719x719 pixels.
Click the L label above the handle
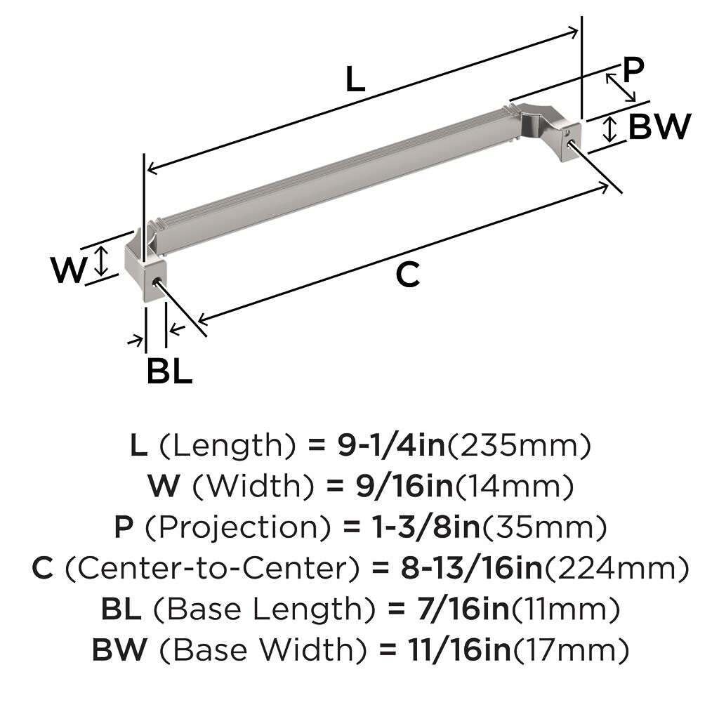pos(355,79)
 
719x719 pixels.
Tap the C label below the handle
pos(408,275)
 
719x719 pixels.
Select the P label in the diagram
pos(633,70)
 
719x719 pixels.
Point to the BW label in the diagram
pos(659,126)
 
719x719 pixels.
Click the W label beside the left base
pos(68,270)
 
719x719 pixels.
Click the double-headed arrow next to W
pos(102,261)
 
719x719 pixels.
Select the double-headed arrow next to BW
pos(609,129)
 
